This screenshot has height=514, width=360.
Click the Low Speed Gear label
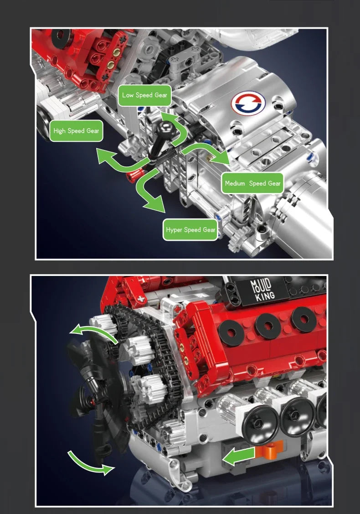pyautogui.click(x=144, y=95)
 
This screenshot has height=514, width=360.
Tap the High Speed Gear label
pyautogui.click(x=76, y=131)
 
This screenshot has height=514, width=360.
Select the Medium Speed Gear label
pyautogui.click(x=252, y=183)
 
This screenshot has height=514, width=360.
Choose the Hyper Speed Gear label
pyautogui.click(x=190, y=230)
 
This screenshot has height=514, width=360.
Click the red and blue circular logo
pyautogui.click(x=248, y=103)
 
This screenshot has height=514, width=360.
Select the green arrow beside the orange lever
pyautogui.click(x=239, y=456)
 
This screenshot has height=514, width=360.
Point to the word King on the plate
pyautogui.click(x=265, y=296)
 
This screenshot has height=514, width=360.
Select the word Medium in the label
pyautogui.click(x=235, y=183)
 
